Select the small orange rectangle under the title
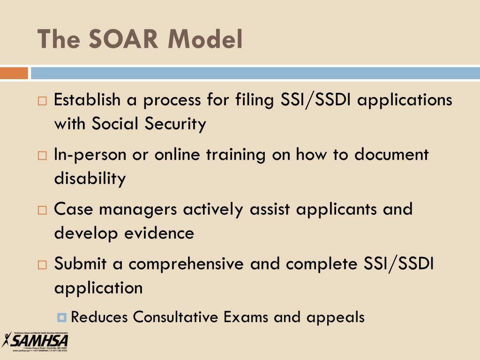click(14, 74)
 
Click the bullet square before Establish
click(42, 101)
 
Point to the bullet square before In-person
click(42, 156)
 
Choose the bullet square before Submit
click(42, 264)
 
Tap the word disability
click(90, 179)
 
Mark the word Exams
click(246, 317)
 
